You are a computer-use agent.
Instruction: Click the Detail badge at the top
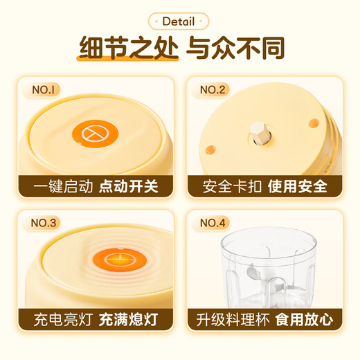point(179,21)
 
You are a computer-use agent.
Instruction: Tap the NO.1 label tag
point(47,90)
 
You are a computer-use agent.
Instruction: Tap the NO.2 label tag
point(214,90)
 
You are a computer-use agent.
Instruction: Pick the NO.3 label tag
point(47,223)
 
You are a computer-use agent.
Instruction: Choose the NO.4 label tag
point(214,223)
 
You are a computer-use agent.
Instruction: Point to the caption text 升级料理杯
point(228,321)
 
